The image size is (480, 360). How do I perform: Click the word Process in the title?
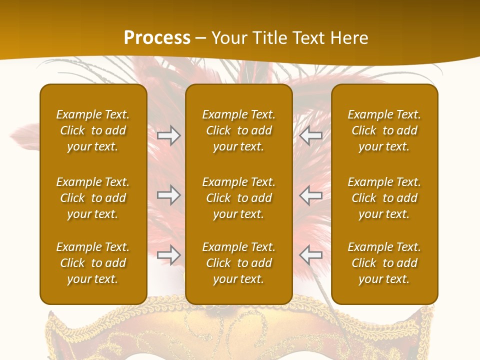[157, 38]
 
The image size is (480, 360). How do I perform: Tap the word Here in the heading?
[348, 38]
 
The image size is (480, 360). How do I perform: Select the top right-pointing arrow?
[168, 135]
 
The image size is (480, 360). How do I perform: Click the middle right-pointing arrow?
[168, 195]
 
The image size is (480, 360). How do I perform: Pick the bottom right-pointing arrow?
[168, 255]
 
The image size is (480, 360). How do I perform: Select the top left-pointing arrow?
[310, 135]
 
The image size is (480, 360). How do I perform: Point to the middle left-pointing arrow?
[310, 195]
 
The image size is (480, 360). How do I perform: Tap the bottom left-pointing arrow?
[310, 255]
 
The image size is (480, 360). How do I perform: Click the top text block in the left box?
[93, 130]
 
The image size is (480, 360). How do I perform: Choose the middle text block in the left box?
[93, 198]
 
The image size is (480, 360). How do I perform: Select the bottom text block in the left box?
[93, 263]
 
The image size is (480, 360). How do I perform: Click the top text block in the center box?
[238, 130]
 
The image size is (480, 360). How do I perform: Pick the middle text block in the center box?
[238, 198]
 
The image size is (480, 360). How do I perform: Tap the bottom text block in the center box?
[238, 263]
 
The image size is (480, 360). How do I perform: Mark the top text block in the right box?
[384, 130]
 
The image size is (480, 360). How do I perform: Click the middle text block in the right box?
[384, 198]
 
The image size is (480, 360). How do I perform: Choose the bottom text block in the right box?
[384, 263]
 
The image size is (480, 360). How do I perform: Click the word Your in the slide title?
[228, 38]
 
